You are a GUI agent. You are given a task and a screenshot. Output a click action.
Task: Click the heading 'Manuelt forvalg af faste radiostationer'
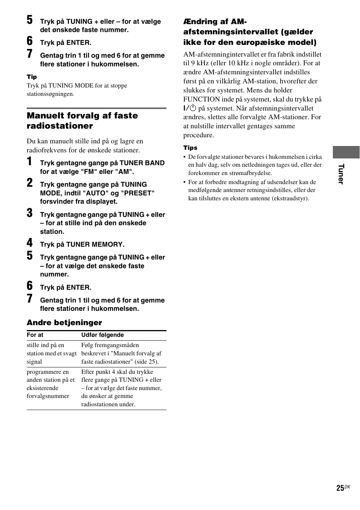[x=82, y=121]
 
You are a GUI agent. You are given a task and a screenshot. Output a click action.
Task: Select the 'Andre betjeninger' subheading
[x=64, y=323]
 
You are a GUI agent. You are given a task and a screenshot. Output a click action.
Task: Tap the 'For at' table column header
[x=35, y=335]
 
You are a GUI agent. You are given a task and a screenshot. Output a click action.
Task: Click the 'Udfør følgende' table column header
[x=102, y=335]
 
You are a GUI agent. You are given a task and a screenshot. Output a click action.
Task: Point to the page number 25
[x=340, y=488]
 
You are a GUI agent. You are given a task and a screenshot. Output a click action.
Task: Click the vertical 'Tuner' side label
[x=341, y=174]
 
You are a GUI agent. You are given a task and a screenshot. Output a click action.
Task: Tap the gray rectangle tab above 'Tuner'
[x=346, y=152]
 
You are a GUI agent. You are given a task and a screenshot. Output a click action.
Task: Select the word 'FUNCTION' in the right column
[x=202, y=99]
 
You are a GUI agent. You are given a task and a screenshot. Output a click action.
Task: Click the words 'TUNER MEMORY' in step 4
[x=95, y=244]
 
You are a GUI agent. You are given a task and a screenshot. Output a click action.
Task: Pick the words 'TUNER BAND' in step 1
[x=142, y=163]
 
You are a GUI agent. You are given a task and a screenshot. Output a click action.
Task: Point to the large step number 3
[x=30, y=213]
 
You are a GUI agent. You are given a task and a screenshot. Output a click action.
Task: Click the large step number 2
[x=30, y=183]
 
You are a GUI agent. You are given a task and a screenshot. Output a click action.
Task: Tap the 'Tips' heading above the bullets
[x=190, y=148]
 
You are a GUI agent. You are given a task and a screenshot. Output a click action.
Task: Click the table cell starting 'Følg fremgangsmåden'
[x=121, y=353]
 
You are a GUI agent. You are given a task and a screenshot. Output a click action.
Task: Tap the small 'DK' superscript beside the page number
[x=348, y=487]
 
